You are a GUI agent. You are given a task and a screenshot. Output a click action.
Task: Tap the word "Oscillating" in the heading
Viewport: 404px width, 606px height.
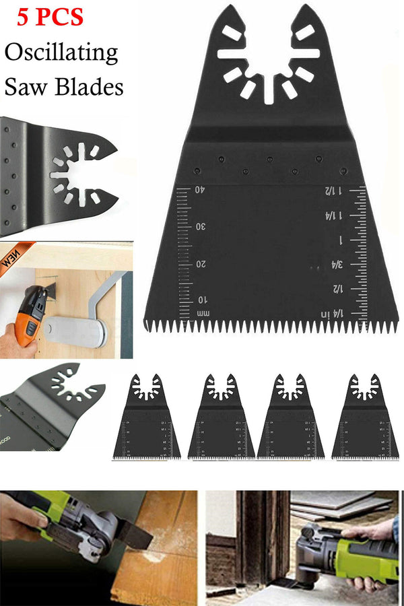point(61,53)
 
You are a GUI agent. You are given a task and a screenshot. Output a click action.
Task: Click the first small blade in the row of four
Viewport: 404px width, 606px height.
point(147,417)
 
